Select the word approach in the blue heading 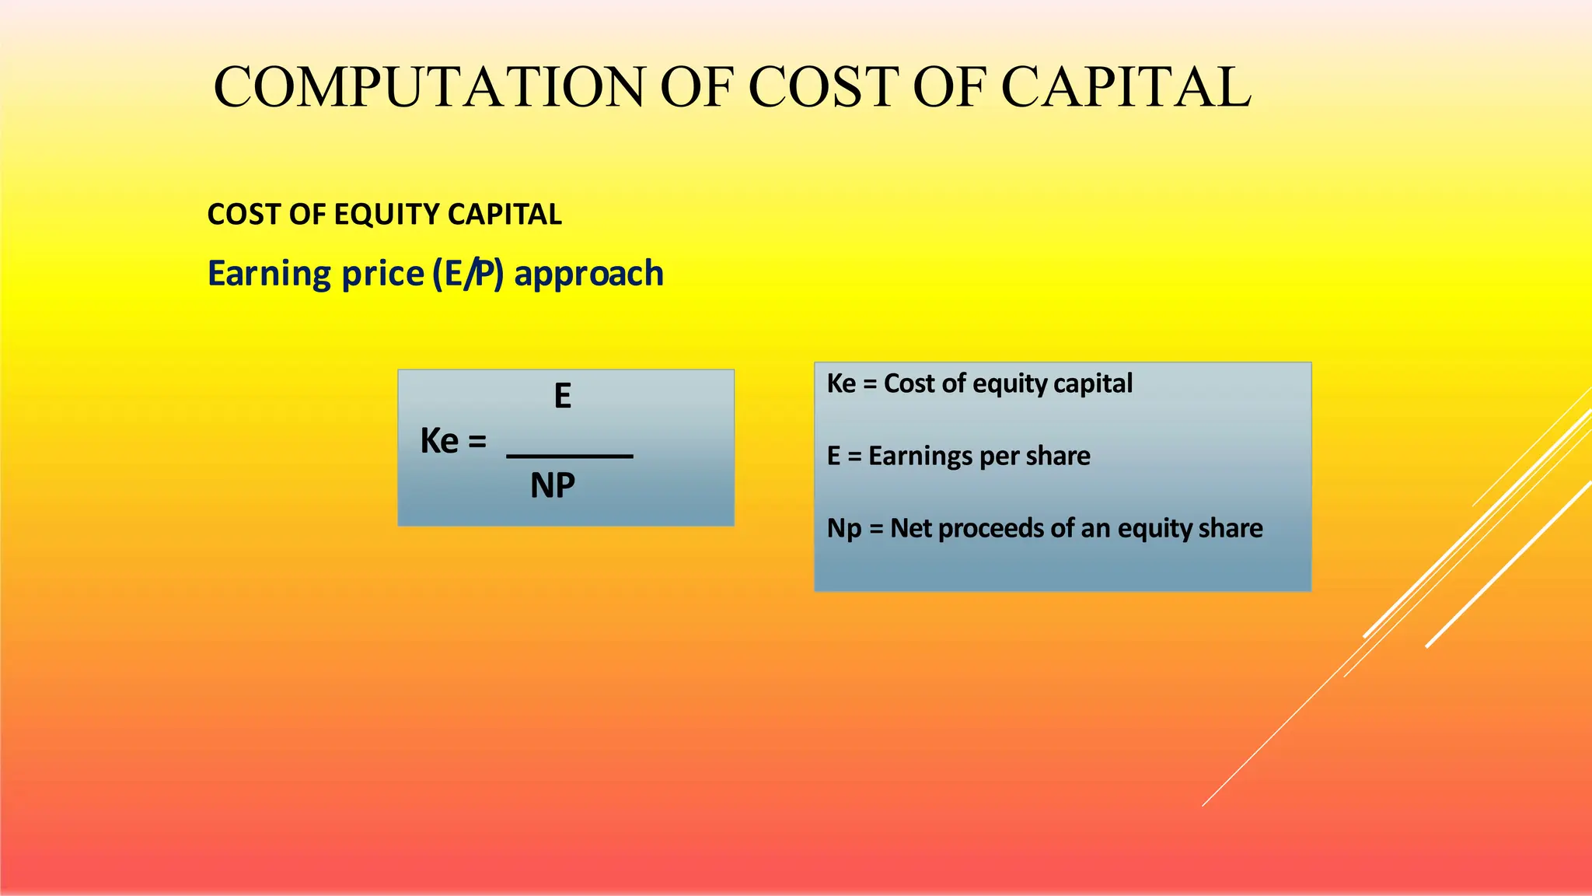pyautogui.click(x=589, y=274)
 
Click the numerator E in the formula pyautogui.click(x=563, y=397)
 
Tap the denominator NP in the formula pyautogui.click(x=553, y=486)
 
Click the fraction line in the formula pyautogui.click(x=570, y=457)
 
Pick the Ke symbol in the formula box pyautogui.click(x=439, y=441)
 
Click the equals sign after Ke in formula pyautogui.click(x=477, y=442)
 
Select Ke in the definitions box pyautogui.click(x=841, y=383)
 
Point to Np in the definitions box pyautogui.click(x=844, y=528)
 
